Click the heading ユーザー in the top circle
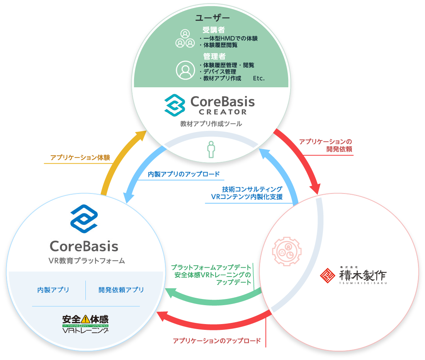212,18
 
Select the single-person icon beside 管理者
185,70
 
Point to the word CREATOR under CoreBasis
223,112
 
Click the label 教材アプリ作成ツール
211,124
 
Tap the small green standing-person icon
211,150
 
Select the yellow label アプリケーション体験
80,158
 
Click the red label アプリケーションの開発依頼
326,145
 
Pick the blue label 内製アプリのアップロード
184,174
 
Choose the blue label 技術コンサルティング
252,189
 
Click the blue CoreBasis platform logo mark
84,219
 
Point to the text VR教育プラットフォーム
87,261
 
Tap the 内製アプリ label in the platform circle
53,290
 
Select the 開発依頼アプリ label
121,290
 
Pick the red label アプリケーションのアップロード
216,341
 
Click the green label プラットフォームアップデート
211,267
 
